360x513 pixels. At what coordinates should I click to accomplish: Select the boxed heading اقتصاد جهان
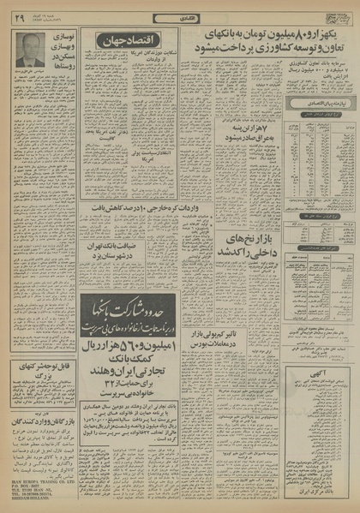pyautogui.click(x=129, y=40)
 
